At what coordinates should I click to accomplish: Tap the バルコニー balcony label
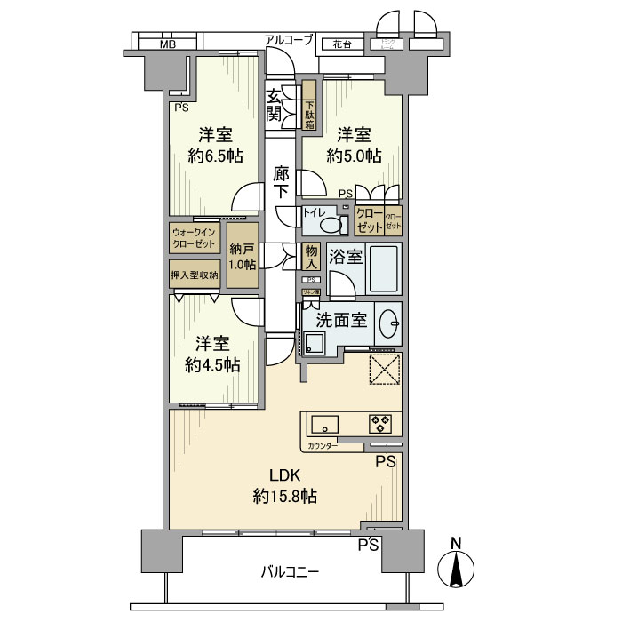[290, 571]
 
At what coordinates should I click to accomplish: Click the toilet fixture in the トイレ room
[332, 224]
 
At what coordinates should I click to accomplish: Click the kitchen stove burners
[381, 423]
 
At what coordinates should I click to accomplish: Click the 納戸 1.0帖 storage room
[242, 257]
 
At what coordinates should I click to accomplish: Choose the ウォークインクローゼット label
[194, 237]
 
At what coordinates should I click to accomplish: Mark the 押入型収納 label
[194, 275]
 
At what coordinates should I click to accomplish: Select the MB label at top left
[167, 44]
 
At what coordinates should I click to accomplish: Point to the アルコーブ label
[289, 39]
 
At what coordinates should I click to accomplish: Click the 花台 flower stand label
[342, 44]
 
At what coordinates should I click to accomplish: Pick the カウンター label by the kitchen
[323, 445]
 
